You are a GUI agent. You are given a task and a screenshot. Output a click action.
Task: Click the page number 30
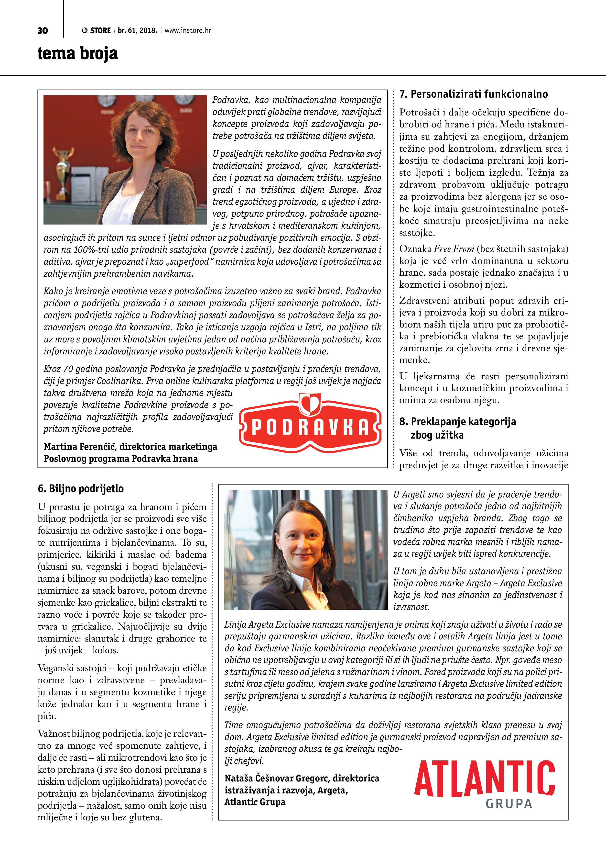pos(43,31)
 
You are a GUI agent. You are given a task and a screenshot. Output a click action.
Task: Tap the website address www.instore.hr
pos(188,31)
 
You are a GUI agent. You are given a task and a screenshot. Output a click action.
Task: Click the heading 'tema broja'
pos(78,53)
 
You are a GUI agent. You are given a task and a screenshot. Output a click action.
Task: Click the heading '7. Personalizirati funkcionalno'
pos(474,94)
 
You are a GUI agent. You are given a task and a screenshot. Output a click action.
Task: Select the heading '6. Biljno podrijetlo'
pos(81,489)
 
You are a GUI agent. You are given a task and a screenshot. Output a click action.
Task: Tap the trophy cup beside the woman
pos(63,168)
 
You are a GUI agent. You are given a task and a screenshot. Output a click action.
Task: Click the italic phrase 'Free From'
pos(454,249)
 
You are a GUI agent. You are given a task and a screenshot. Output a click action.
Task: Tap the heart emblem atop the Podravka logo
pos(310,404)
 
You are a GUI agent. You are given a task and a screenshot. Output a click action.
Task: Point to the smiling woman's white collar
pos(306,585)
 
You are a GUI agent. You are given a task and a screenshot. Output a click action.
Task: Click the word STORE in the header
pos(100,31)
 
